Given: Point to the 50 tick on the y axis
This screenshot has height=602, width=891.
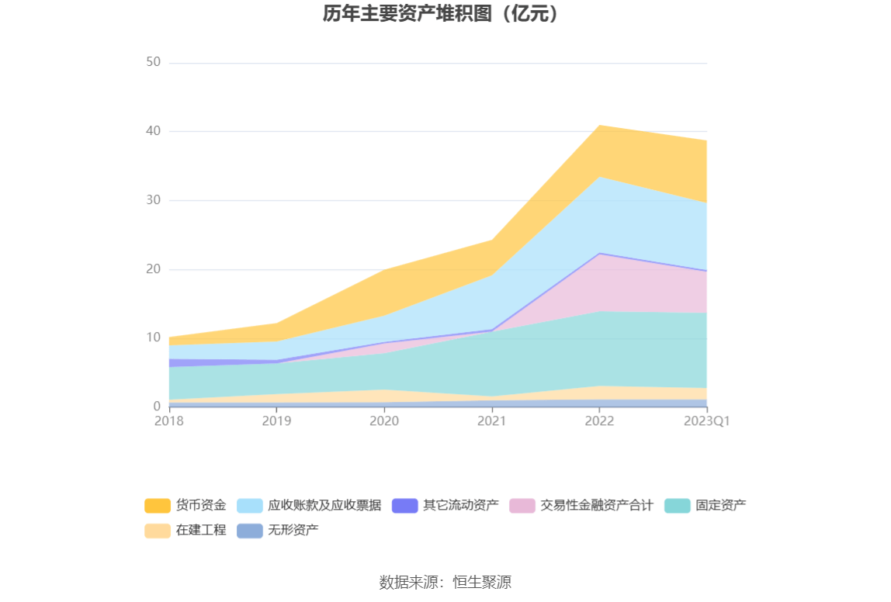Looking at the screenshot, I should [153, 62].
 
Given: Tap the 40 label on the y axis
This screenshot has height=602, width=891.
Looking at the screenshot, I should [153, 131].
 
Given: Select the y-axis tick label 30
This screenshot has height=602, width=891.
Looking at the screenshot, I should [153, 200].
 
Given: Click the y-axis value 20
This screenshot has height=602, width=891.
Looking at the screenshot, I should [153, 269].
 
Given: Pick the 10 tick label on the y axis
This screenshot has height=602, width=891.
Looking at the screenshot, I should [153, 337].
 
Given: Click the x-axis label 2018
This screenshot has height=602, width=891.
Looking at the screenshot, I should [168, 420].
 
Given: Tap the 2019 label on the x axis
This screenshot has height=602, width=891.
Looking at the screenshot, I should [276, 420].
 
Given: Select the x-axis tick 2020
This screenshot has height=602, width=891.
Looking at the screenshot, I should [384, 420].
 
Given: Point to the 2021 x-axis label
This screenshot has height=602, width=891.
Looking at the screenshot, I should [491, 420].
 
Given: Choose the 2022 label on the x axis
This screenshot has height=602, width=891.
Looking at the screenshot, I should [599, 420].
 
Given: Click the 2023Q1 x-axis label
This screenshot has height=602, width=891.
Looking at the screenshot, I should [706, 420].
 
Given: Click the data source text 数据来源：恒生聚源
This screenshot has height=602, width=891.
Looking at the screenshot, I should [445, 583].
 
